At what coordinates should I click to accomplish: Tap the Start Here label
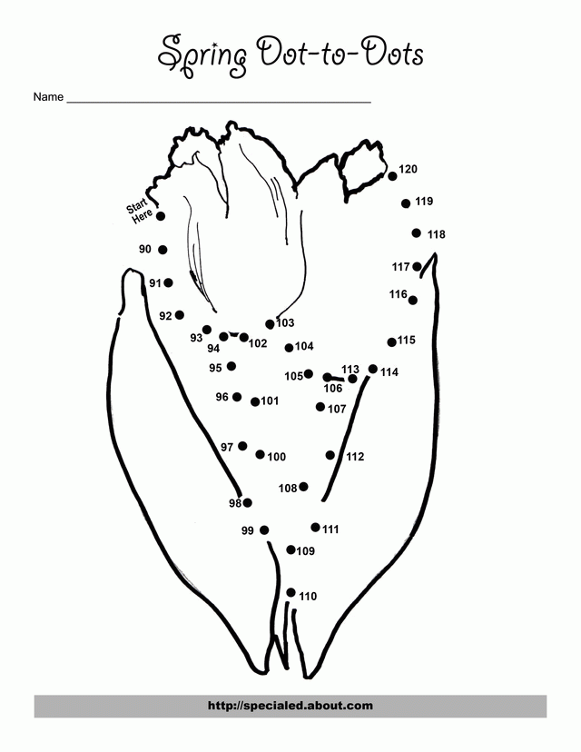pyautogui.click(x=140, y=210)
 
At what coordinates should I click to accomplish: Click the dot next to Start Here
pyautogui.click(x=161, y=216)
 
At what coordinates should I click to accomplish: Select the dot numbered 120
pyautogui.click(x=393, y=175)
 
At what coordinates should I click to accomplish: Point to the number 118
pyautogui.click(x=436, y=234)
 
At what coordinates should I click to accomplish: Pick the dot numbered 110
pyautogui.click(x=290, y=592)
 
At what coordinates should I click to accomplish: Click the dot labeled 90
pyautogui.click(x=163, y=250)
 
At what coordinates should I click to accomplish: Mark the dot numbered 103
pyautogui.click(x=270, y=324)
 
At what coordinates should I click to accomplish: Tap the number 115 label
pyautogui.click(x=406, y=341)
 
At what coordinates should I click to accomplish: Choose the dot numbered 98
pyautogui.click(x=247, y=502)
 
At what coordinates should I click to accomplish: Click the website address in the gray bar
pyautogui.click(x=290, y=706)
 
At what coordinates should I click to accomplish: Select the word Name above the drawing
pyautogui.click(x=48, y=96)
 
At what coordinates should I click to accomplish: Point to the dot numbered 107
pyautogui.click(x=320, y=407)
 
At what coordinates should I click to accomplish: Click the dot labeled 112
pyautogui.click(x=330, y=455)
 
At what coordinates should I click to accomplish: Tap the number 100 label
pyautogui.click(x=277, y=457)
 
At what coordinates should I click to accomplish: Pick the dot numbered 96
pyautogui.click(x=237, y=398)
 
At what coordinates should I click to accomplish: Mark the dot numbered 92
pyautogui.click(x=180, y=315)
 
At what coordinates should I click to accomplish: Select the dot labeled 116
pyautogui.click(x=413, y=300)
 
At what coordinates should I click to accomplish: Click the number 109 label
pyautogui.click(x=306, y=551)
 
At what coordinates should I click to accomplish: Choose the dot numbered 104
pyautogui.click(x=289, y=347)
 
